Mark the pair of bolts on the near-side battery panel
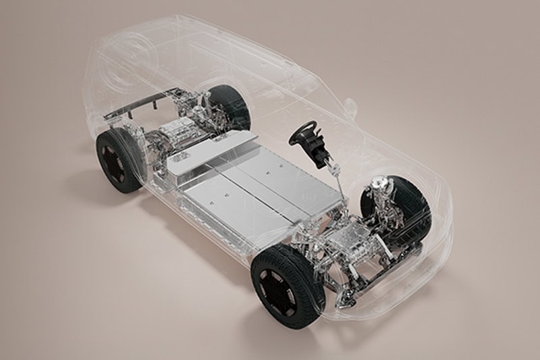pyautogui.click(x=215, y=200)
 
